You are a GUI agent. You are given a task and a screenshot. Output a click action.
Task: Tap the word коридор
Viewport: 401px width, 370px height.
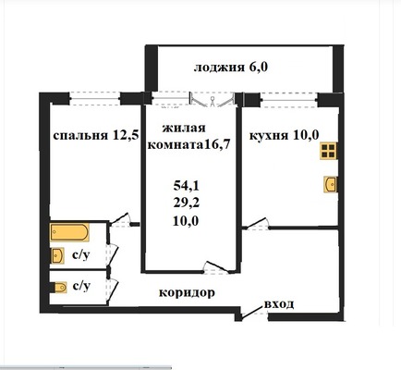(x=187, y=292)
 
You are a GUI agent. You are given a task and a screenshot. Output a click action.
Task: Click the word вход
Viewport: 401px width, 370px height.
(x=278, y=302)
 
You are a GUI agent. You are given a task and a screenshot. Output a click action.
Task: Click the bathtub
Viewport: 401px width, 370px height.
(x=69, y=229)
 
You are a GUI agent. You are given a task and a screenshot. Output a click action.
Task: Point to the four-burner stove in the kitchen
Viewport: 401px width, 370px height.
(x=328, y=153)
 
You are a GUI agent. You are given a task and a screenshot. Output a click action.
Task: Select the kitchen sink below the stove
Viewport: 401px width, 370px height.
(x=330, y=183)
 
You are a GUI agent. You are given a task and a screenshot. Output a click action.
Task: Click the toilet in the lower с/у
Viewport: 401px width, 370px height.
(x=57, y=287)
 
